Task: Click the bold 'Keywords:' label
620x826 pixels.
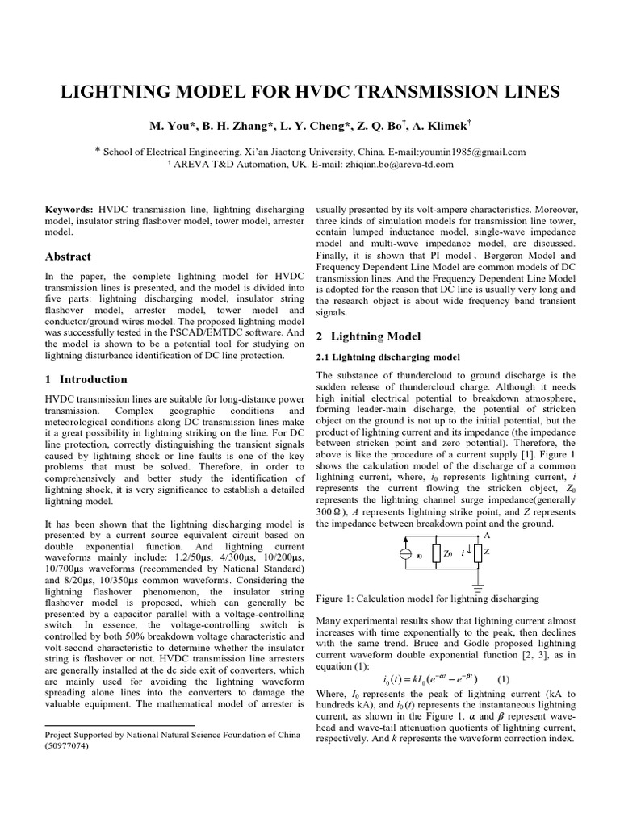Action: point(69,209)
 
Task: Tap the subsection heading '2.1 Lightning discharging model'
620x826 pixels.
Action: point(387,357)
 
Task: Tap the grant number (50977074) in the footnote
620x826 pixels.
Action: point(67,746)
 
